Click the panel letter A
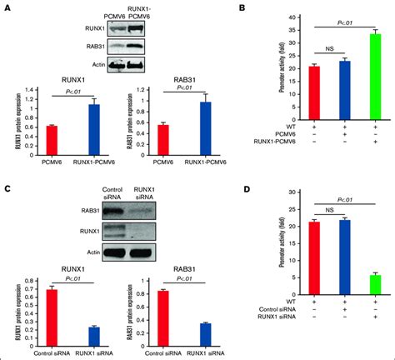point(6,8)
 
